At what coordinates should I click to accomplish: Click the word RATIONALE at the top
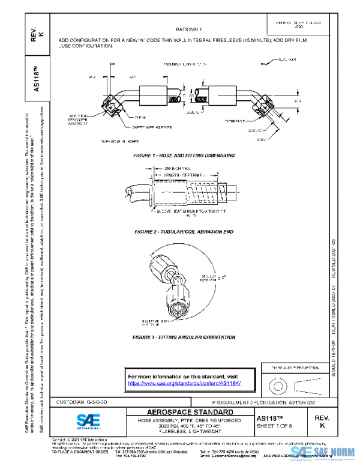(189, 29)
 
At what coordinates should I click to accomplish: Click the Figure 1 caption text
(184, 156)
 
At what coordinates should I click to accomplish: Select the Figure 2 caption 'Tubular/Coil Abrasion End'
(184, 231)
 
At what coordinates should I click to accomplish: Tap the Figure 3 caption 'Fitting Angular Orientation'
(184, 337)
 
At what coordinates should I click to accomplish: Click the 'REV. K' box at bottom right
(321, 421)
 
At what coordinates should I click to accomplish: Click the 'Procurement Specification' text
(255, 402)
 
